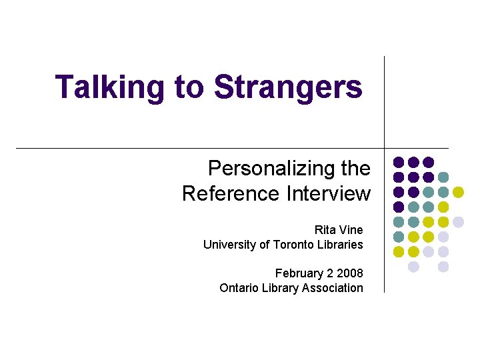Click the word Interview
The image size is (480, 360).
pyautogui.click(x=329, y=193)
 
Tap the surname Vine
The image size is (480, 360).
pyautogui.click(x=351, y=230)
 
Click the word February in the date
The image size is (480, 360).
pyautogui.click(x=298, y=273)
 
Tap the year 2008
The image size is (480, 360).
pyautogui.click(x=350, y=273)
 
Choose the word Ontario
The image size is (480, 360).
pyautogui.click(x=239, y=288)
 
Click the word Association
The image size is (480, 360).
pyautogui.click(x=332, y=288)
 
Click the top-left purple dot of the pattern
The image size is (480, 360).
pyautogui.click(x=399, y=162)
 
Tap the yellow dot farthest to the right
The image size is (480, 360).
pyautogui.click(x=458, y=192)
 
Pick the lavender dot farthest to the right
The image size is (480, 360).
pyautogui.click(x=458, y=222)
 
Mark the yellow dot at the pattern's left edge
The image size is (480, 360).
pyautogui.click(x=399, y=252)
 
